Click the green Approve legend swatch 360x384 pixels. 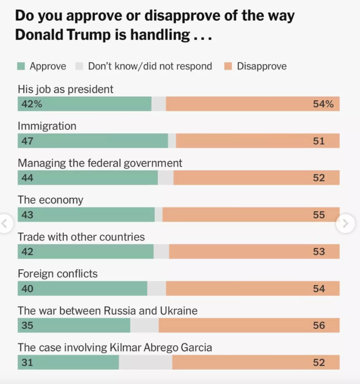(21, 67)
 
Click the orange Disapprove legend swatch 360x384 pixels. (228, 67)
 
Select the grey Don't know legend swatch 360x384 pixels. (80, 67)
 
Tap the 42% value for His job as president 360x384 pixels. (30, 104)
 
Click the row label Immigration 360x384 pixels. (47, 126)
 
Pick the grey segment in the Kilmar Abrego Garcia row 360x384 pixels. (145, 362)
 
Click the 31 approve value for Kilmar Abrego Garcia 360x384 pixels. (27, 362)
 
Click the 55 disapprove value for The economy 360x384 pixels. (319, 215)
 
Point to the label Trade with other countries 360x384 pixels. (81, 237)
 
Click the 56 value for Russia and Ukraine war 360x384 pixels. (319, 325)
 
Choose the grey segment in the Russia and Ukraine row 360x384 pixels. (144, 325)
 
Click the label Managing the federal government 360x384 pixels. (100, 163)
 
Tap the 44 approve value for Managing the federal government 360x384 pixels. (27, 178)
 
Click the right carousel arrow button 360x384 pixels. (345, 223)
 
